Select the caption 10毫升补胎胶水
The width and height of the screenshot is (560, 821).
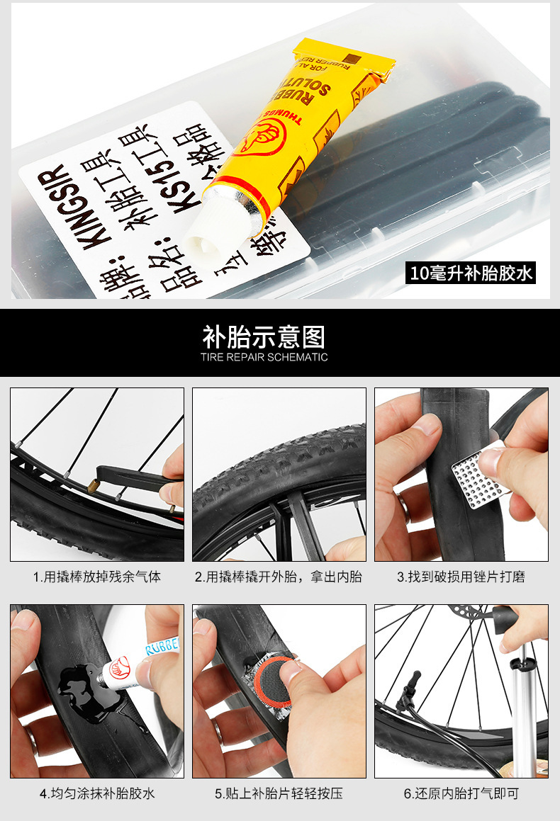(471, 273)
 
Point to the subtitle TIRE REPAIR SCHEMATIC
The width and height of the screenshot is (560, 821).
(264, 358)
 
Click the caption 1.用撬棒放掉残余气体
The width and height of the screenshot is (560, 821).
(97, 577)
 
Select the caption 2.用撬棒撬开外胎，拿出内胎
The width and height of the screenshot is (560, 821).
(279, 577)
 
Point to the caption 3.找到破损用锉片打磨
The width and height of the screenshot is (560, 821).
(461, 577)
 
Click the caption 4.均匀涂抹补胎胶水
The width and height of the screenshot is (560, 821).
(97, 793)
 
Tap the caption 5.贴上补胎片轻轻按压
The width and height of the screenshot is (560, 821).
(279, 793)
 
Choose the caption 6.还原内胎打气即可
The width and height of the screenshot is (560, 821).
(461, 793)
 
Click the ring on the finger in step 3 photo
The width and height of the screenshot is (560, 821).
(402, 506)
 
